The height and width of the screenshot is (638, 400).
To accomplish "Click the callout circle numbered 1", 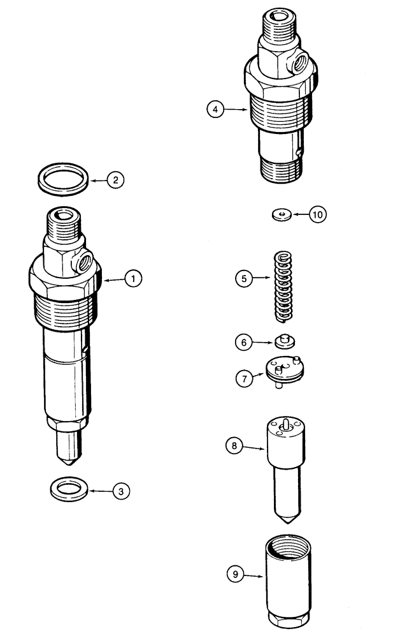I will coord(132,278).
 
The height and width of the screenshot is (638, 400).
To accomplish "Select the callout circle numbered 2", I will coord(115,181).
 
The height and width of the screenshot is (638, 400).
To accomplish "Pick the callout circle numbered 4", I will coord(215,110).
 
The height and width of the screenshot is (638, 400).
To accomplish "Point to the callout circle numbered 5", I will coord(243,278).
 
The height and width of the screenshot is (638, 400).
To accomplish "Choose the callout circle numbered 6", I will coord(243,343).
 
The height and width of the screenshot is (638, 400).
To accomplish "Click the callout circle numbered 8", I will coord(234,446).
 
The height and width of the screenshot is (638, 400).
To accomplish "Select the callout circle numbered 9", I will coord(235,574).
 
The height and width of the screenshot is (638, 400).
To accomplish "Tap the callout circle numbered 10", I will coord(317,214).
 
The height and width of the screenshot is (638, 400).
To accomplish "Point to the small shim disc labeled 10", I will coord(280,214).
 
